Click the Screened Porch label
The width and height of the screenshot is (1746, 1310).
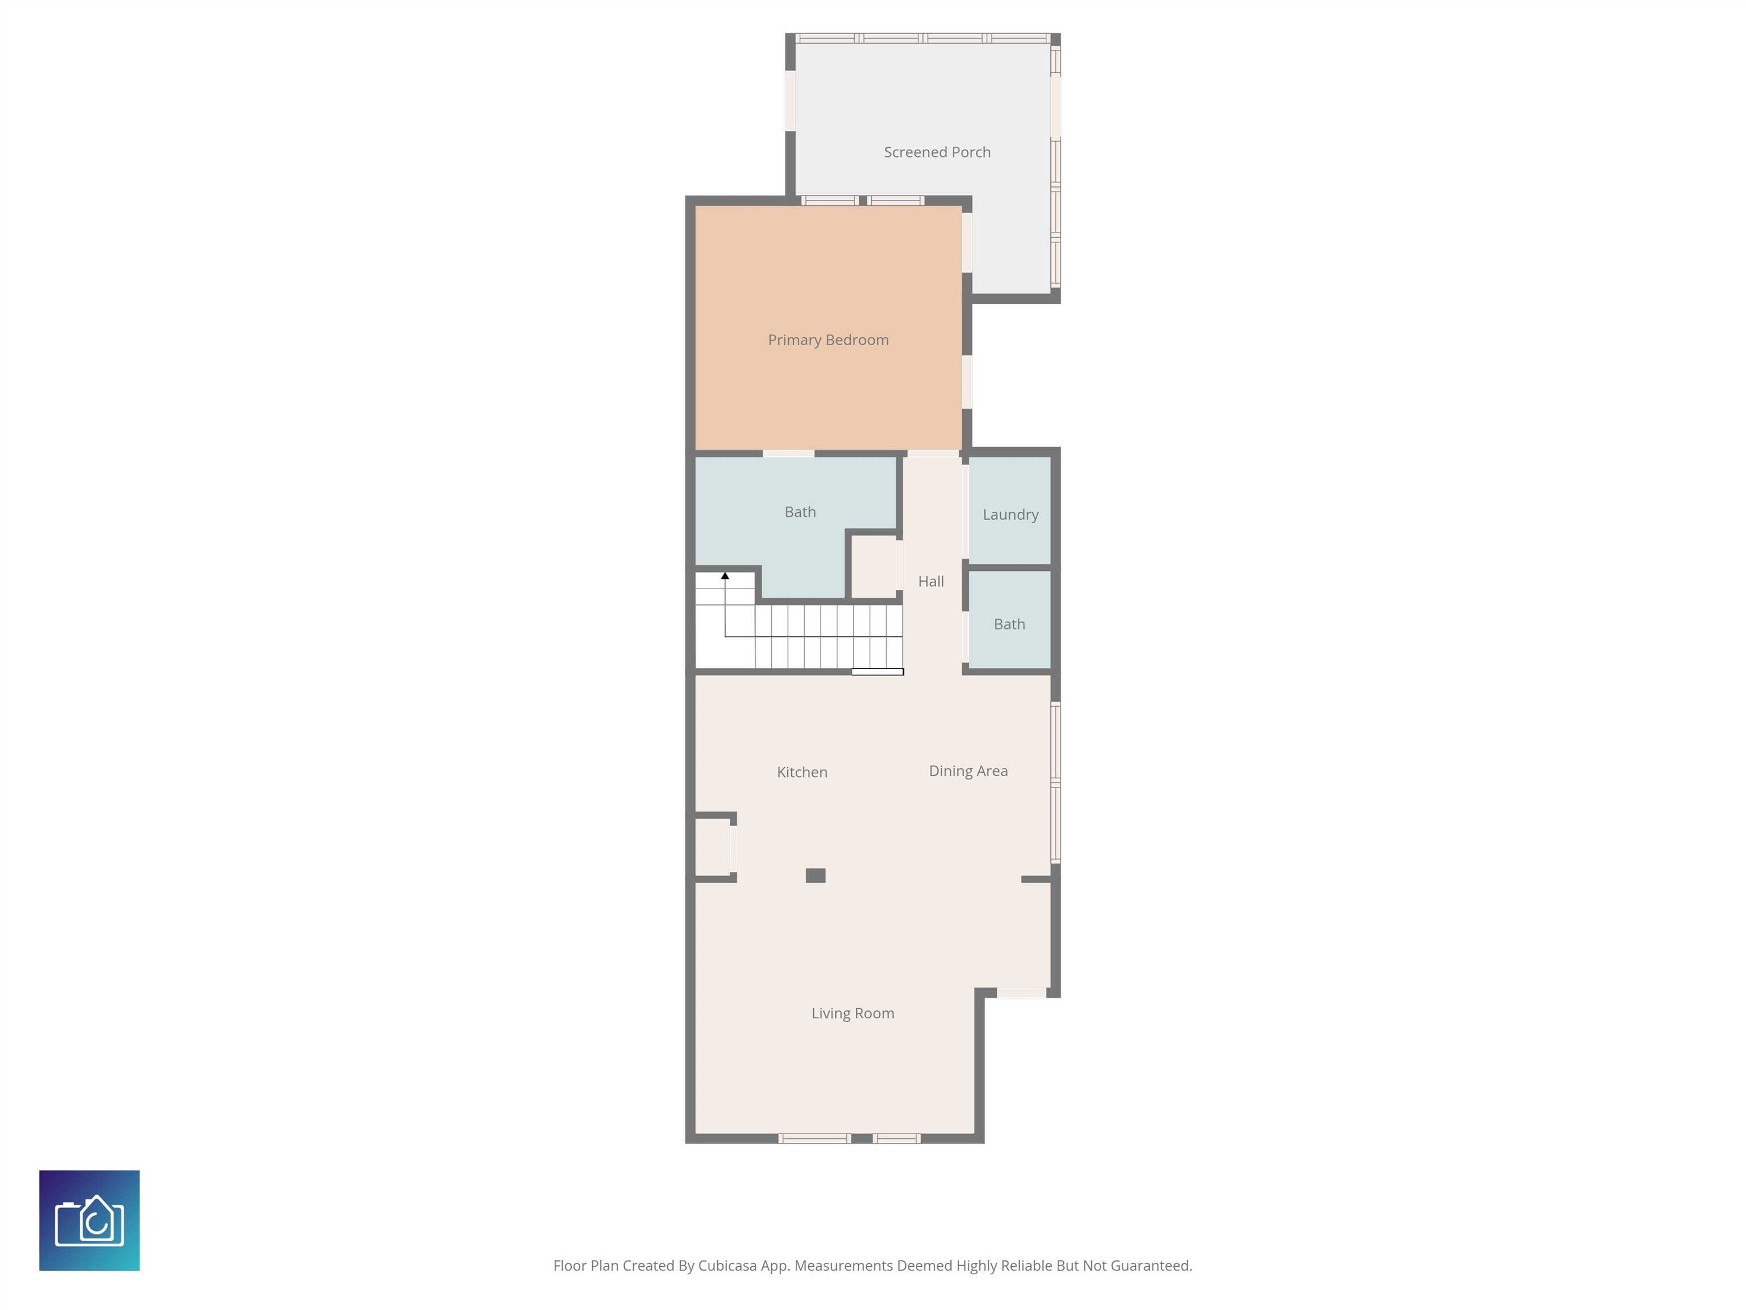[x=937, y=152]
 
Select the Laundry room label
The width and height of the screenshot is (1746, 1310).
[x=1011, y=515]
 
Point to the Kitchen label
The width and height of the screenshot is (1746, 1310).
[x=802, y=772]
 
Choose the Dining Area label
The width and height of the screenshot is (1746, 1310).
[x=968, y=772]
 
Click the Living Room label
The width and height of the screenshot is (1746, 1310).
[x=853, y=1013]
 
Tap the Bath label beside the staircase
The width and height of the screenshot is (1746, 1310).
[x=800, y=512]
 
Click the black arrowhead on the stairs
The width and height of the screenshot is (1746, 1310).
[x=725, y=575]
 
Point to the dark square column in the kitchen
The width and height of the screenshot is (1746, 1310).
[x=816, y=875]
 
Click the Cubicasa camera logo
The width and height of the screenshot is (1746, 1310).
[x=89, y=1220]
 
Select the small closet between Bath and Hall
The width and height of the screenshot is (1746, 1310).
[x=874, y=566]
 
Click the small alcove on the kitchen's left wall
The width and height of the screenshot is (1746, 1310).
[x=712, y=845]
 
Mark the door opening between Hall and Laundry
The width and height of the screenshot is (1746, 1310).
[x=965, y=512]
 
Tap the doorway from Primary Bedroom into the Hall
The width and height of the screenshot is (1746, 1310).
[x=933, y=453]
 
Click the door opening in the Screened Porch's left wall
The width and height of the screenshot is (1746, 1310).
[x=790, y=101]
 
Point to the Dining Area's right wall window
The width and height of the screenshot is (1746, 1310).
[x=1055, y=782]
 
